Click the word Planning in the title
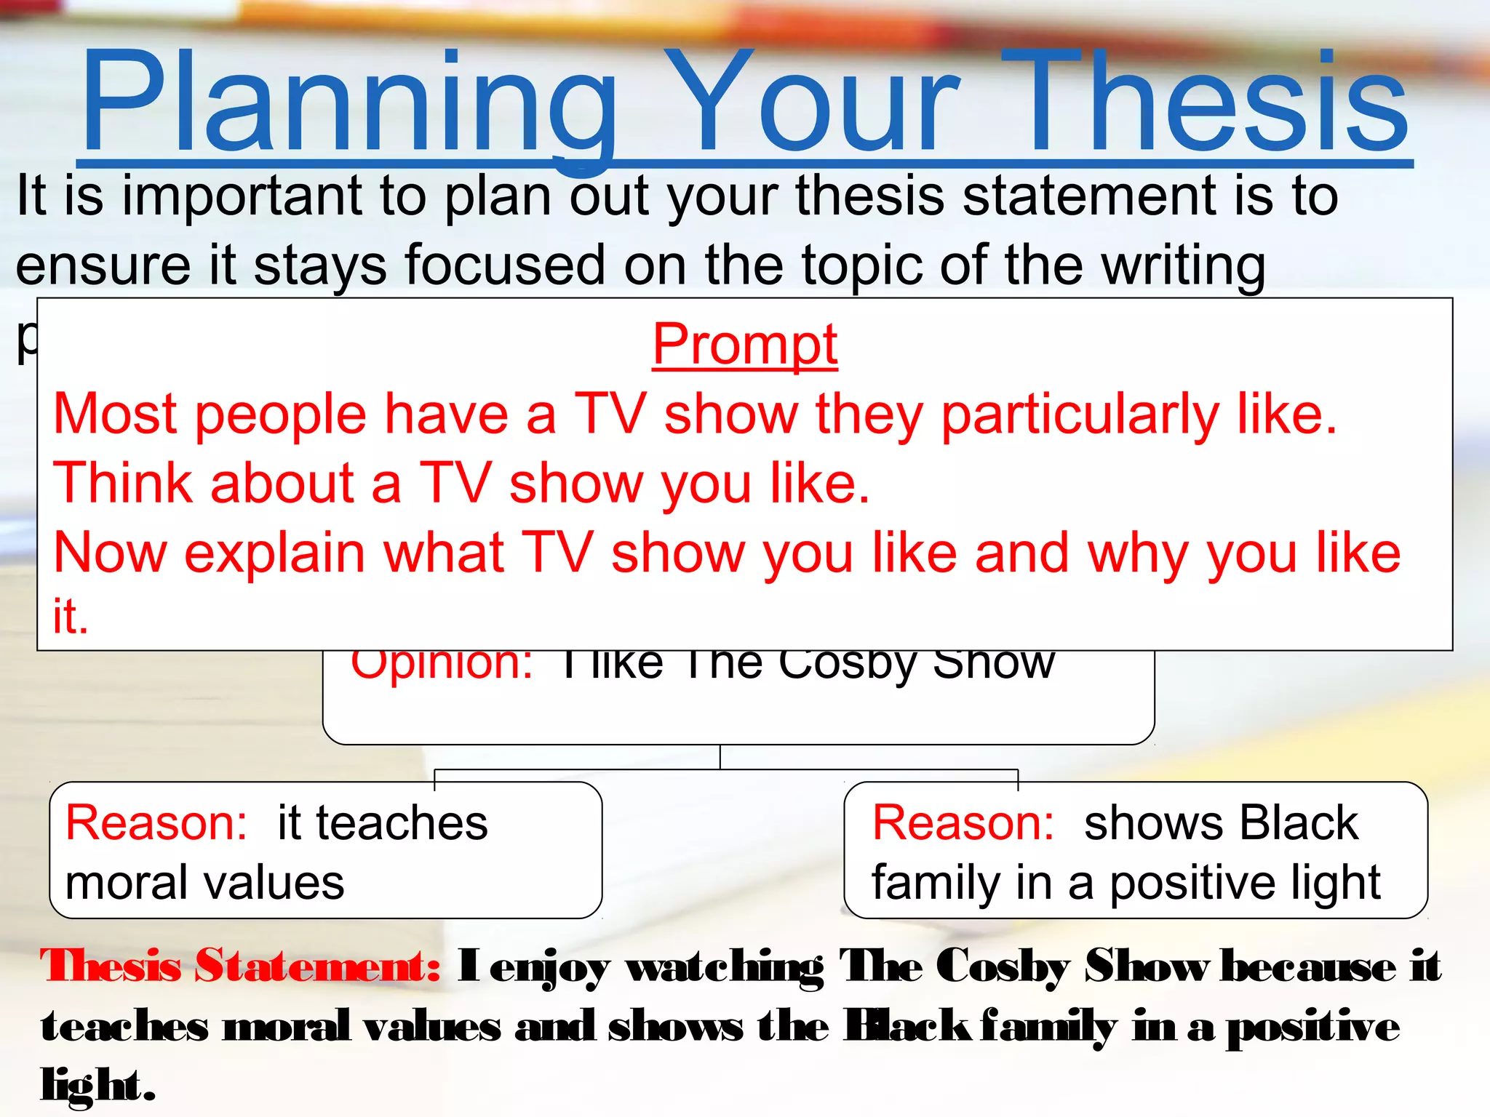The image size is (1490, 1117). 349,102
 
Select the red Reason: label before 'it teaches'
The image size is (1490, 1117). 156,823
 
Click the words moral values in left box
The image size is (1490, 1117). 204,883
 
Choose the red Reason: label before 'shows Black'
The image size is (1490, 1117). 963,823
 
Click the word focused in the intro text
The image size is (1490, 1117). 505,265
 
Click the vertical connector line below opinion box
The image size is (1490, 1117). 720,757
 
